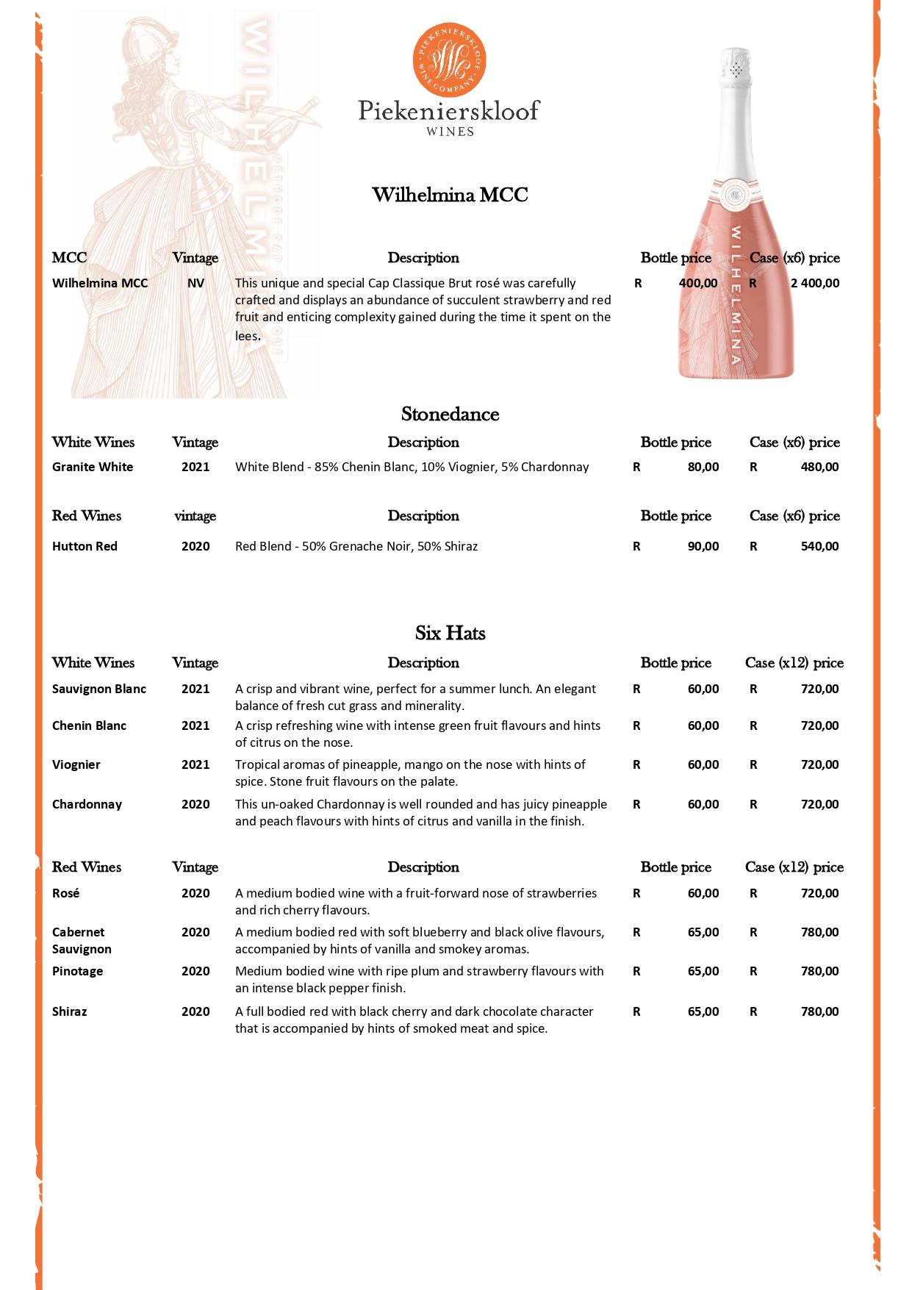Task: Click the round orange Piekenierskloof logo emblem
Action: coord(450,60)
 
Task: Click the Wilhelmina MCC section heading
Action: coord(450,195)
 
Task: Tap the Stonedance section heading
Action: coord(450,415)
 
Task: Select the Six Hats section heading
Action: coord(450,633)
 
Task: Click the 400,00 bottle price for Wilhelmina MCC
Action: coord(698,283)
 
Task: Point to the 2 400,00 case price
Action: coord(815,283)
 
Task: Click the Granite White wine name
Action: coord(93,467)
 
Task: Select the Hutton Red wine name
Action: coord(85,546)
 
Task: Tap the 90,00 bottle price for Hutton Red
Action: coord(703,546)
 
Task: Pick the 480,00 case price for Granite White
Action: coord(819,467)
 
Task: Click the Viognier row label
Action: coord(76,764)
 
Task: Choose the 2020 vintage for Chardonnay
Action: coord(195,804)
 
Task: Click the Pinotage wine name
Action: coord(78,971)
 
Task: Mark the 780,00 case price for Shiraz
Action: coord(819,1011)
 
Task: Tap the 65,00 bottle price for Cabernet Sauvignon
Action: coord(703,932)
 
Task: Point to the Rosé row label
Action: coord(66,893)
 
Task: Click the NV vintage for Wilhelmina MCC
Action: coord(195,283)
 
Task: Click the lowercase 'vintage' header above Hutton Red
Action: coord(195,516)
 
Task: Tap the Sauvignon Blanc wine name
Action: coord(99,689)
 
